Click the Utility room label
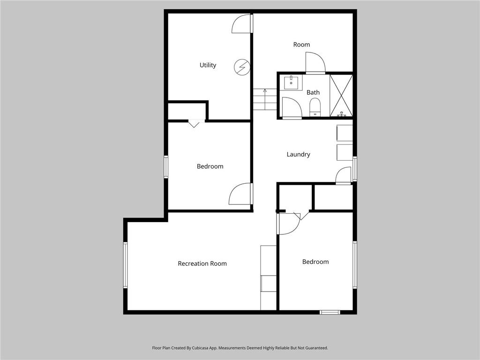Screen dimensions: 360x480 [x=208, y=65]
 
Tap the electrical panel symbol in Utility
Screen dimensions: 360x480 [x=242, y=67]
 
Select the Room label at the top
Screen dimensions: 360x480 [x=301, y=45]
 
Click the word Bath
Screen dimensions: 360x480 [x=313, y=92]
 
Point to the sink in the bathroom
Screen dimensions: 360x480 [x=292, y=82]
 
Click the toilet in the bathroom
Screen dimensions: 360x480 [x=315, y=106]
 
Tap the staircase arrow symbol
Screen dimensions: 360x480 [x=265, y=90]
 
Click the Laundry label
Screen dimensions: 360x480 [x=298, y=154]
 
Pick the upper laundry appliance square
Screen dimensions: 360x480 [x=345, y=133]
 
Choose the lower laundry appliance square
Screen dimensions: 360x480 [x=345, y=152]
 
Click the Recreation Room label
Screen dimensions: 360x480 [x=202, y=263]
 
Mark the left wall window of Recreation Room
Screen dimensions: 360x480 [x=125, y=264]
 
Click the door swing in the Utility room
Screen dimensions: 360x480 [x=241, y=24]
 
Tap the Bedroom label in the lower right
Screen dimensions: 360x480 [x=315, y=262]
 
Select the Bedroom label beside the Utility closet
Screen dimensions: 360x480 [x=210, y=166]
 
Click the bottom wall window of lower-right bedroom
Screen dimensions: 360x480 [x=330, y=312]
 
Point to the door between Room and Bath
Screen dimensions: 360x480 [x=315, y=63]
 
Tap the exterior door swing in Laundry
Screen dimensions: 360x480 [x=344, y=175]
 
